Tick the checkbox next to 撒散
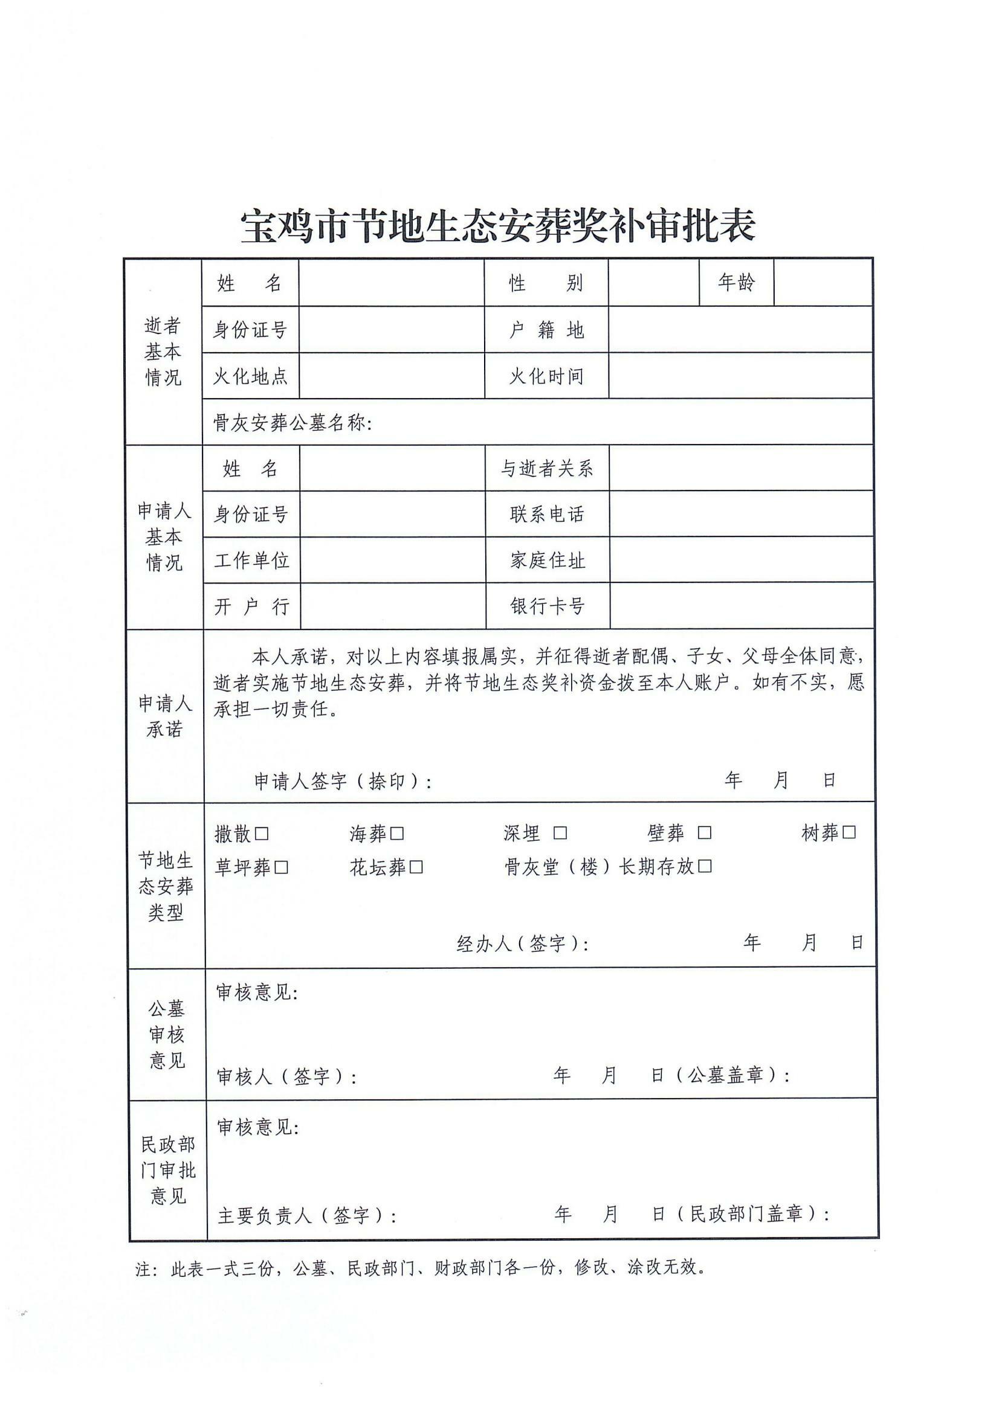tap(262, 834)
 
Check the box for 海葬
tap(397, 834)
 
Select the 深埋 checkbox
tap(560, 833)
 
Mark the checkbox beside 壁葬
tap(704, 832)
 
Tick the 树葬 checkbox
tap(849, 832)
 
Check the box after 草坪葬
tap(281, 867)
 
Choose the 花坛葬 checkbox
tap(416, 867)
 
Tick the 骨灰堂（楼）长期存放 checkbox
tap(705, 866)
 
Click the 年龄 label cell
tap(736, 282)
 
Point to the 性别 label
tap(546, 283)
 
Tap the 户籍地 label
tap(546, 330)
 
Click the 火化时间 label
tap(546, 376)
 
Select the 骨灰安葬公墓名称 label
tap(292, 423)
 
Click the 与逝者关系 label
tap(546, 469)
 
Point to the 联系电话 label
tap(546, 514)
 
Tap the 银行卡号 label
tap(547, 606)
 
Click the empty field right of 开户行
tap(392, 606)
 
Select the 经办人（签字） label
tap(522, 943)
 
